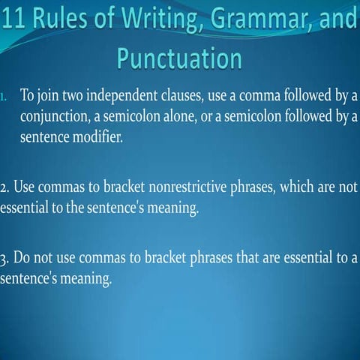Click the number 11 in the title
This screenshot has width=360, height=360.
15,16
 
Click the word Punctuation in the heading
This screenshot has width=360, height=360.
180,58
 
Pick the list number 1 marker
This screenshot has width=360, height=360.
6,98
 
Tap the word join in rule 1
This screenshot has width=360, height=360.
46,98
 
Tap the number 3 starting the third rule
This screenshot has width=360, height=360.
4,259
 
